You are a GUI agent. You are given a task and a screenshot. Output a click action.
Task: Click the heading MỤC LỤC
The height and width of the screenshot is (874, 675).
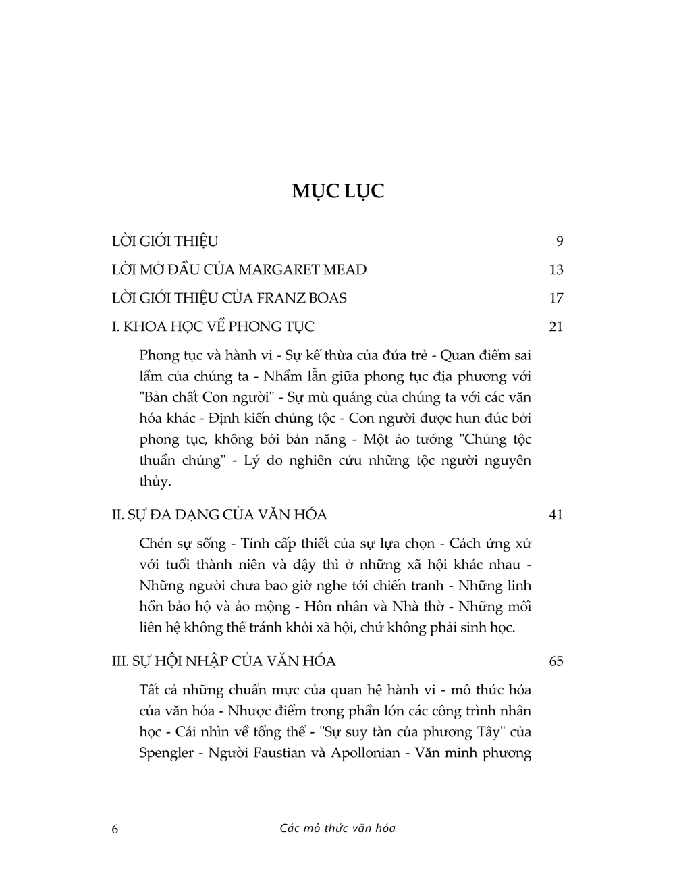point(337,190)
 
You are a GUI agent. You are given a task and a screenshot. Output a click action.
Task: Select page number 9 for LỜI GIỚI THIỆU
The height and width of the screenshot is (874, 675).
point(559,241)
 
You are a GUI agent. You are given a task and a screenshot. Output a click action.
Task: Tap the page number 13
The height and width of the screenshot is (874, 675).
point(556,269)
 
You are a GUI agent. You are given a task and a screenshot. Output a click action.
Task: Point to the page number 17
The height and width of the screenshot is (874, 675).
point(556,298)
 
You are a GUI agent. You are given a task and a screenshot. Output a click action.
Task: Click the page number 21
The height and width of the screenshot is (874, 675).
point(556,326)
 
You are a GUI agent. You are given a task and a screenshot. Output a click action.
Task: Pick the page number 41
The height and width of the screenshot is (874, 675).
point(556,515)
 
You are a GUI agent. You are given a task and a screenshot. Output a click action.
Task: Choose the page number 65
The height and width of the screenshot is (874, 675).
point(556,661)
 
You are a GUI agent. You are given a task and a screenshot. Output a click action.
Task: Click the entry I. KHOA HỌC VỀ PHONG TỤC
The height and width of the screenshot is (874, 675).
point(213,326)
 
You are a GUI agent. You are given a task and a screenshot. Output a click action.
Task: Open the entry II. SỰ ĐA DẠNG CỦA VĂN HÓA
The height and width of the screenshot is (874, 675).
point(219,515)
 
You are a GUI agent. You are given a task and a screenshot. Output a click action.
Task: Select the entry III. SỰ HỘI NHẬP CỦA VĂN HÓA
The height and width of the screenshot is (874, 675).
point(223,661)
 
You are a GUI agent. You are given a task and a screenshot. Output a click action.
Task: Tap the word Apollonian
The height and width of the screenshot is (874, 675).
point(364,752)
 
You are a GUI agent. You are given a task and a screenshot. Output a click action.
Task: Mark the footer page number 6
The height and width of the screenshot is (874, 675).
point(115,829)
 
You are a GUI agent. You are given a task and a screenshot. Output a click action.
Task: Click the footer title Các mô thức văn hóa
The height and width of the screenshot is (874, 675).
point(337,828)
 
